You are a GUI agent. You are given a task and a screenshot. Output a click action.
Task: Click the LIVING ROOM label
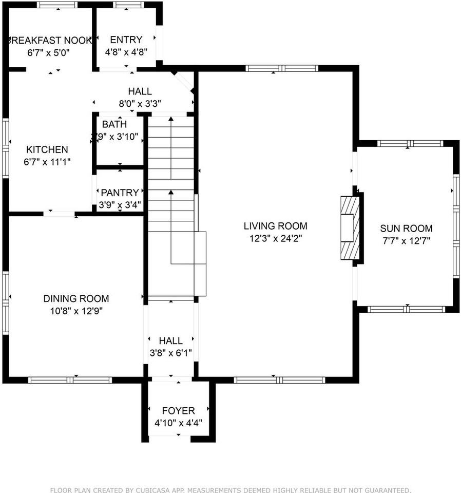tap(275, 226)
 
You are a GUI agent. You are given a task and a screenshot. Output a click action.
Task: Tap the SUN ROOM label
tap(406, 229)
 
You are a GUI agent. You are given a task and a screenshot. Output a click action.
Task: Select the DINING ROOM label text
tap(76, 298)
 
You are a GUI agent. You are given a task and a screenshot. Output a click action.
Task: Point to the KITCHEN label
tap(47, 149)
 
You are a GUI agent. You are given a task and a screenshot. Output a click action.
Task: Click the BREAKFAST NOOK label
tap(50, 40)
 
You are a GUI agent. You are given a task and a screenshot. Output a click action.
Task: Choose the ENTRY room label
tap(126, 40)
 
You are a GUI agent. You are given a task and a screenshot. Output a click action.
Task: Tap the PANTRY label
tap(120, 193)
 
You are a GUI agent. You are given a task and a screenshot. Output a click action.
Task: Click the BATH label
tap(114, 124)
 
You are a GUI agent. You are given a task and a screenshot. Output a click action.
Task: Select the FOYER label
tap(178, 411)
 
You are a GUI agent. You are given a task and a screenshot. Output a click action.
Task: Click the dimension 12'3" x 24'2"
tap(275, 238)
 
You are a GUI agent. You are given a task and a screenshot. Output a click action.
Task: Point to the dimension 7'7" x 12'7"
tap(406, 241)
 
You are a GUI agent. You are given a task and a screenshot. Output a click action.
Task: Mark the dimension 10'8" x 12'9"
tap(76, 311)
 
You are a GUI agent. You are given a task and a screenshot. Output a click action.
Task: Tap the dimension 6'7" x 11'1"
tap(47, 162)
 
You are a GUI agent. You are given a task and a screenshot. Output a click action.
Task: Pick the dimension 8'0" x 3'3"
tap(140, 103)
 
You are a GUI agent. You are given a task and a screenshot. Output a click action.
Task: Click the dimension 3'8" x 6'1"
tap(170, 353)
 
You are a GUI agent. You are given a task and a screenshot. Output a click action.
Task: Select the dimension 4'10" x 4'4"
tap(178, 423)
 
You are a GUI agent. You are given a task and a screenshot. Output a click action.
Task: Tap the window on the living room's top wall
tap(281, 68)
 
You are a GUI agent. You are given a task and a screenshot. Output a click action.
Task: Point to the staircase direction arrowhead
tap(170, 192)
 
